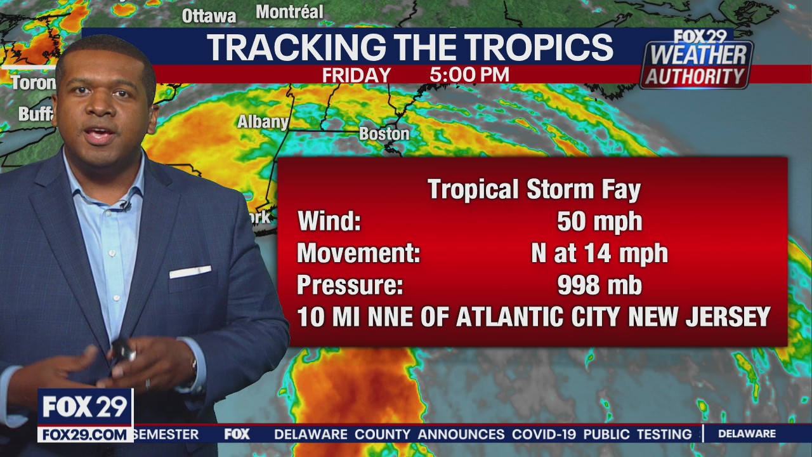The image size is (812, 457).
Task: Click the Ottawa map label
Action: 209,15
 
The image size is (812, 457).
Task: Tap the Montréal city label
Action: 289,11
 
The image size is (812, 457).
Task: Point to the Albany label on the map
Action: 263,121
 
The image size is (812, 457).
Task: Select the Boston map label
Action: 384,134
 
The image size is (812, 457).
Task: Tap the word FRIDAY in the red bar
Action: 356,76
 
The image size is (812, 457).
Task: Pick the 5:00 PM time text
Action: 469,75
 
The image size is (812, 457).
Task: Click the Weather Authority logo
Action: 696,61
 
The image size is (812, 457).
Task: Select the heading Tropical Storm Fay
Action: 534,189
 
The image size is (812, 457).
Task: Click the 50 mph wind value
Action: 599,222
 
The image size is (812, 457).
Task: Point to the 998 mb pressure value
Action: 599,286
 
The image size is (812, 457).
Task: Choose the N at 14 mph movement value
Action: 599,254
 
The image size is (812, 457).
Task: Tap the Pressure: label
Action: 350,286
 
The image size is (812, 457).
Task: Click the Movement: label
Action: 358,254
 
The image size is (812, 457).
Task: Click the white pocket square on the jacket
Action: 190,272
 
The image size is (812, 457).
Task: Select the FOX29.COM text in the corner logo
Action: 85,435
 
